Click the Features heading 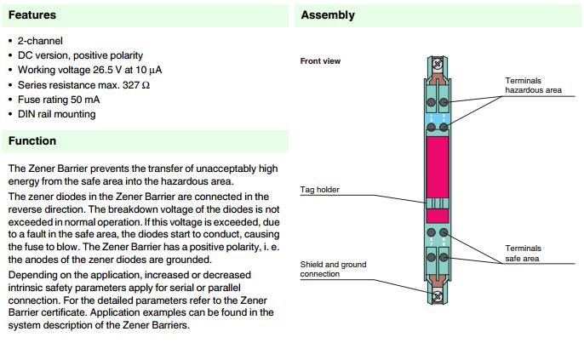tap(32, 15)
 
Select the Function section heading tap(32, 141)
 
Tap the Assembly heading tap(328, 15)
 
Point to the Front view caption tap(321, 61)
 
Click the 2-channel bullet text tap(40, 41)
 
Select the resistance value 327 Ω tap(134, 85)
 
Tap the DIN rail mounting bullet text tap(56, 114)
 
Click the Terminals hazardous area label tap(533, 85)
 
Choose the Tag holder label tap(319, 189)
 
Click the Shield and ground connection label tap(332, 269)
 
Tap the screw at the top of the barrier tap(438, 63)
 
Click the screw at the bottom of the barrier tap(438, 295)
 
